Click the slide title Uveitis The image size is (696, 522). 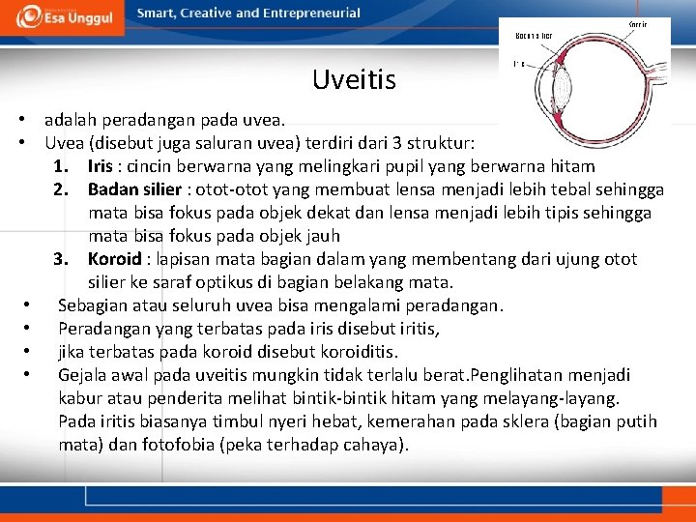(354, 79)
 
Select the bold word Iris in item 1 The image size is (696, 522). (100, 166)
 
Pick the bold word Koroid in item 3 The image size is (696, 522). (114, 259)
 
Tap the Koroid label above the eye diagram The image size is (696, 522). (637, 24)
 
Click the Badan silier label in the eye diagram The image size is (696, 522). (534, 35)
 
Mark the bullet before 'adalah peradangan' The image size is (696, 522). (20, 120)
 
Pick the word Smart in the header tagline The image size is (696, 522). (156, 14)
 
